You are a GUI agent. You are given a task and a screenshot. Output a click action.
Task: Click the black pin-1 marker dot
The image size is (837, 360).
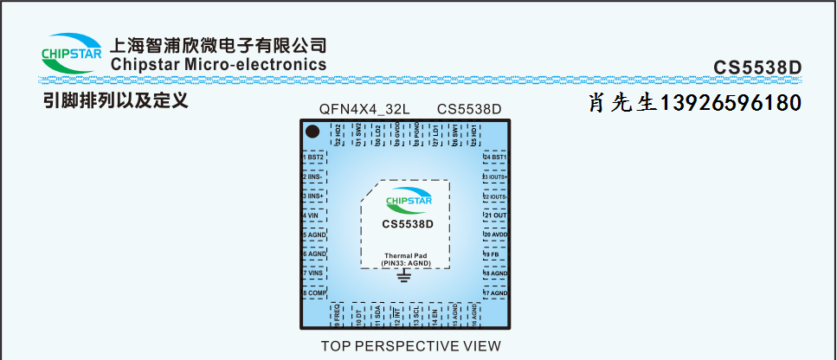click(x=313, y=132)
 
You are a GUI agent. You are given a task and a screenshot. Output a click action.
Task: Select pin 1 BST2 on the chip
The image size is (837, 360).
click(x=314, y=157)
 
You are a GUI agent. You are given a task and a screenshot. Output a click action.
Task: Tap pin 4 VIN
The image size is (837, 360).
click(x=314, y=215)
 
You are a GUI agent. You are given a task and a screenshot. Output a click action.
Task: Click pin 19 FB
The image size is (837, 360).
click(x=494, y=254)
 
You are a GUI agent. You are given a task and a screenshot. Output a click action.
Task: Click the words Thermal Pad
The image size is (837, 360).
click(x=404, y=256)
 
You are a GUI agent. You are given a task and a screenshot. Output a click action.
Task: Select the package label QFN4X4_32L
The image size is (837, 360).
click(x=364, y=109)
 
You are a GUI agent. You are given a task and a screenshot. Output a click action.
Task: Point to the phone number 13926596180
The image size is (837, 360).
click(x=731, y=103)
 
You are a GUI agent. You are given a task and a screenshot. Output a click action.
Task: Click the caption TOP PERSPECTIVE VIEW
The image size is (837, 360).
click(x=410, y=346)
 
